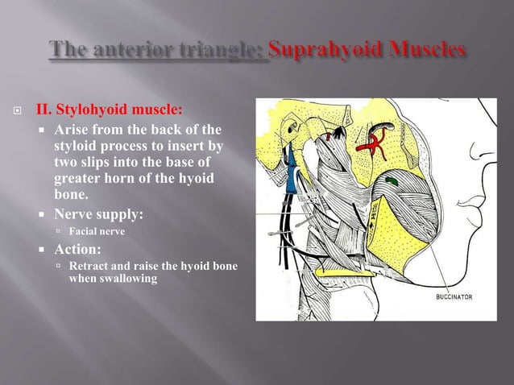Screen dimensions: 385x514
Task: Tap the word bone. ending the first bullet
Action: point(71,195)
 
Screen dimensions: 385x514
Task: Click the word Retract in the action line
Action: point(90,266)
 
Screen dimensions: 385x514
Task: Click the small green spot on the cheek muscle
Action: point(392,182)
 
